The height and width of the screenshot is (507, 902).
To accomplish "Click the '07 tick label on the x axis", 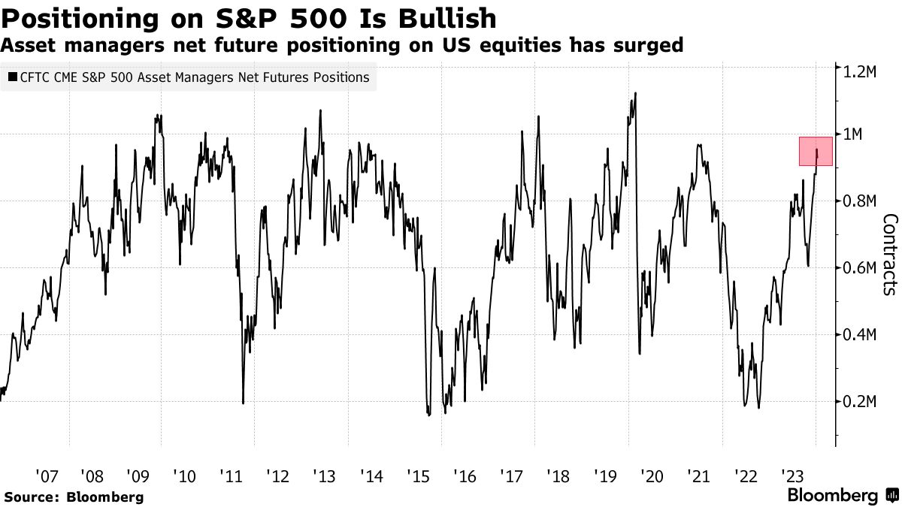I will [47, 476].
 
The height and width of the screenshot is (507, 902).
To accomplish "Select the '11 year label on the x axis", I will [231, 476].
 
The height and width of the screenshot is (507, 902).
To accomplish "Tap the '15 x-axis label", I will [417, 476].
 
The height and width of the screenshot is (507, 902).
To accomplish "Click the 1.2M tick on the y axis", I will [860, 71].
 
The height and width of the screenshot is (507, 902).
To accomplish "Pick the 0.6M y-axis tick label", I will [860, 268].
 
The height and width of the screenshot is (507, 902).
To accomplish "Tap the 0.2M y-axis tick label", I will [860, 402].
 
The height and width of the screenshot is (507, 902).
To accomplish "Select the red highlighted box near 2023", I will [816, 151].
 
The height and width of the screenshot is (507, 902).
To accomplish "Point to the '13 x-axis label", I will [324, 476].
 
